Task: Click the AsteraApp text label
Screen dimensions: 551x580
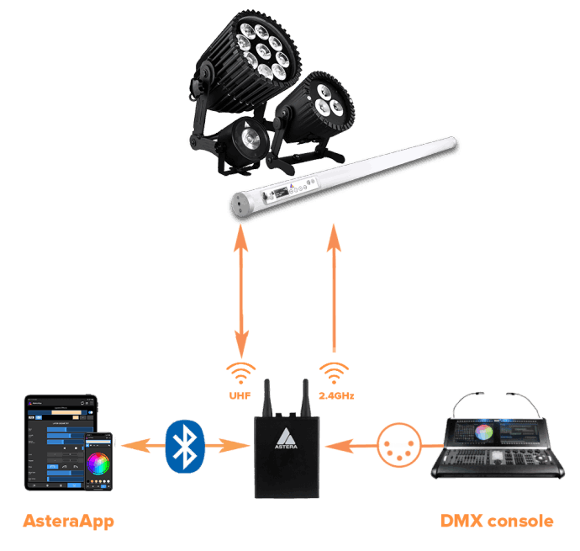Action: click(67, 522)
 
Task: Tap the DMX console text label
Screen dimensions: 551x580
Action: click(497, 522)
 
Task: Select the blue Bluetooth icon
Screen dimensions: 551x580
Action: click(186, 444)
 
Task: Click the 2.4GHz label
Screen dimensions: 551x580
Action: click(334, 395)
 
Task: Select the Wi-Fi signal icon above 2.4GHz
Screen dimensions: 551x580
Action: click(334, 374)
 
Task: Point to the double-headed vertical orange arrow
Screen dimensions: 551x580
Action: click(241, 290)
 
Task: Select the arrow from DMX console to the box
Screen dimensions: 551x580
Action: click(347, 444)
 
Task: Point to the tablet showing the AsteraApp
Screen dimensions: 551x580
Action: click(59, 442)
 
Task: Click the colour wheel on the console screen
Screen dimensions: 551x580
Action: click(482, 432)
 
